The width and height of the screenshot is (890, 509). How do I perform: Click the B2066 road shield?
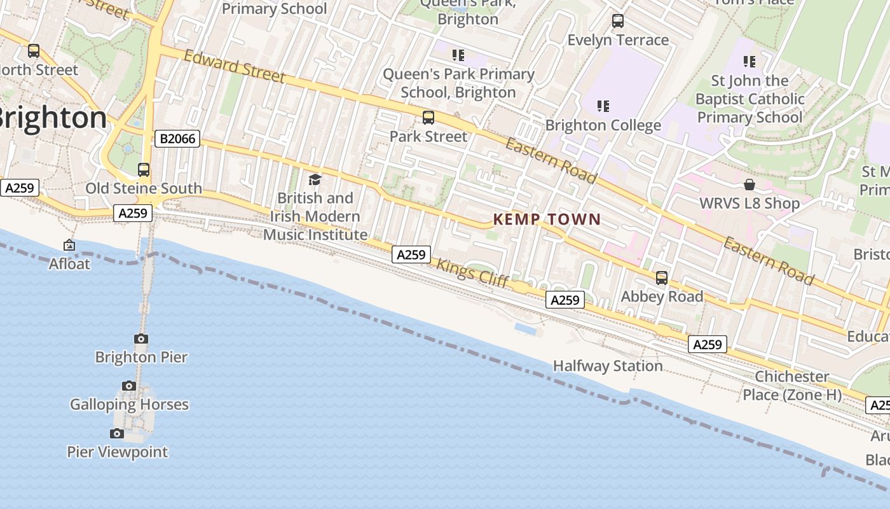coord(177,138)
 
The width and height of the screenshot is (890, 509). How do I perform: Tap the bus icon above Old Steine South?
coord(144,170)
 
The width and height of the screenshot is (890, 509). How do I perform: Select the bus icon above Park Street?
coord(428,118)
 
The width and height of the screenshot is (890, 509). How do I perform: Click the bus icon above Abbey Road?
coord(662,278)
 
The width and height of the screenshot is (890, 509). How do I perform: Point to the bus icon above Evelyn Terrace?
coord(618,21)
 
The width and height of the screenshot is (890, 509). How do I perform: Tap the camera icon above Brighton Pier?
coord(141,338)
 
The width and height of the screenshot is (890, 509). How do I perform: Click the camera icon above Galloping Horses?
coord(129,386)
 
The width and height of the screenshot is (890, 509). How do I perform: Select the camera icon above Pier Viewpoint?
coord(117,433)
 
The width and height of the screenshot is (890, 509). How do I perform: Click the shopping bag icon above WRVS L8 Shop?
coord(750,185)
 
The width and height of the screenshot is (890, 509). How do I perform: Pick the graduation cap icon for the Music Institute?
coord(315,179)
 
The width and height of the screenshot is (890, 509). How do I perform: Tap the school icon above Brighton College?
coord(603,106)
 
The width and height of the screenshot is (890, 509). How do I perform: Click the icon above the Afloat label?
coord(69,245)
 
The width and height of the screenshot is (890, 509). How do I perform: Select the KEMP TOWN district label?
coord(547,220)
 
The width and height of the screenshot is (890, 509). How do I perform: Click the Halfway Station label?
coord(608,366)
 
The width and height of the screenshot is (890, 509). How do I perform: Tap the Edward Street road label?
coord(234,66)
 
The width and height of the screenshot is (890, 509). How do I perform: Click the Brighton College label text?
coord(603,125)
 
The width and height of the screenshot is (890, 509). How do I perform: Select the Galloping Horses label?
coord(129,404)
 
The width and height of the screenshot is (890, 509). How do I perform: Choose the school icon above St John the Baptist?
coord(750,62)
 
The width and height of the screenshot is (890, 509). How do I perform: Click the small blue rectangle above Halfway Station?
coord(528,329)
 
